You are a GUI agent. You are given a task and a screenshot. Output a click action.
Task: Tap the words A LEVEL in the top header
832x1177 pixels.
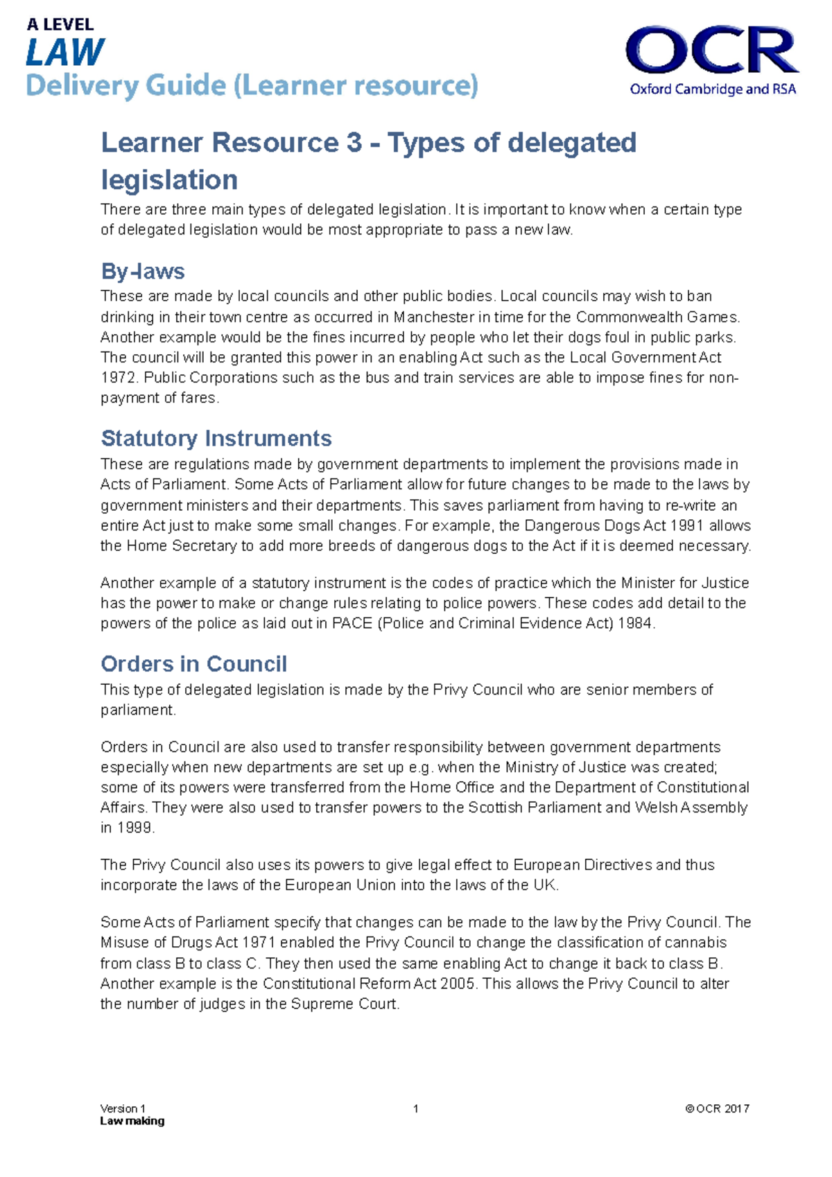pos(60,25)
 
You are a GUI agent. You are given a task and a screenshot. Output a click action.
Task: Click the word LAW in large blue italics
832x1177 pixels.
pos(65,53)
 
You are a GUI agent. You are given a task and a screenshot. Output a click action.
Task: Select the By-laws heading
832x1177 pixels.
pos(143,271)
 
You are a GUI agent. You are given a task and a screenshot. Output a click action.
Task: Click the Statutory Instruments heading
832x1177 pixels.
pos(216,438)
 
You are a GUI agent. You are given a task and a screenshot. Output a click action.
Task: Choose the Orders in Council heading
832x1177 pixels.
pos(193,664)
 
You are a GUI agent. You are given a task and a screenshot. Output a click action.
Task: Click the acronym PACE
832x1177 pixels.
pos(352,623)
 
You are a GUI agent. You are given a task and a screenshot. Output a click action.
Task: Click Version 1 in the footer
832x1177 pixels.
pos(123,1108)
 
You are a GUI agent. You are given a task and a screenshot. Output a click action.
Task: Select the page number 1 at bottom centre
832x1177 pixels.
pos(415,1108)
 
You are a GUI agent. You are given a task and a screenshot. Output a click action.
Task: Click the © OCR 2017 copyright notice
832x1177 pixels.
pos(717,1108)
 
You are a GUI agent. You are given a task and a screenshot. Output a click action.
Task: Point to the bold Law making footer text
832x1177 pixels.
pos(132,1121)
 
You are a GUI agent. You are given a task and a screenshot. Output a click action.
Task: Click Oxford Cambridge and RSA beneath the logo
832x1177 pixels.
pos(712,89)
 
